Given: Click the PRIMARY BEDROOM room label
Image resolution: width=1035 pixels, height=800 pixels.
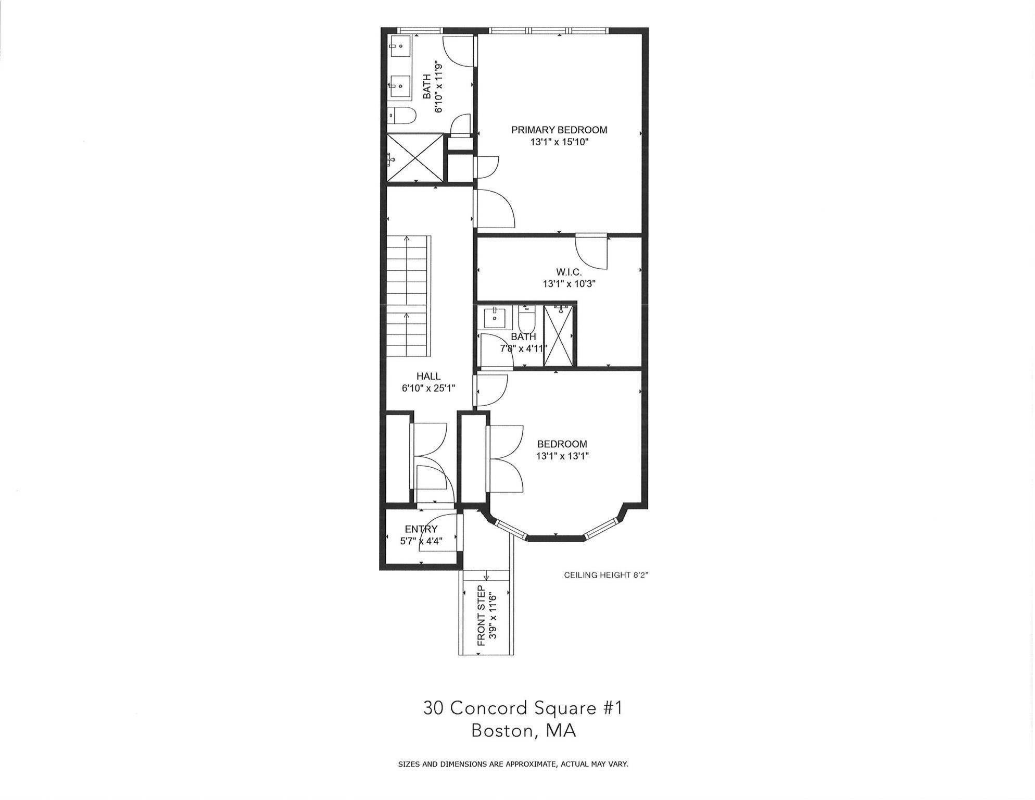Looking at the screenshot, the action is pyautogui.click(x=559, y=130).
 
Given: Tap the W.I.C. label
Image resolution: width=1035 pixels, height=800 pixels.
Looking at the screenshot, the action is pyautogui.click(x=569, y=272).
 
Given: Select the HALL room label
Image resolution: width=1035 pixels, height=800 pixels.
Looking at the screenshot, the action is pyautogui.click(x=428, y=376).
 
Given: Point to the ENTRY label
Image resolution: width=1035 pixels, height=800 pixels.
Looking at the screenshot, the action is pyautogui.click(x=421, y=529).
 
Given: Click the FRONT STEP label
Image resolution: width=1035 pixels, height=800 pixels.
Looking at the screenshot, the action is pyautogui.click(x=481, y=616).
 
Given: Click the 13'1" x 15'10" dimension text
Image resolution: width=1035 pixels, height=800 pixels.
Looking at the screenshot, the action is pyautogui.click(x=559, y=142).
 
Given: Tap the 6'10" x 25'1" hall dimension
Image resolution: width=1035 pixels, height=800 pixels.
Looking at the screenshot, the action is pyautogui.click(x=428, y=388).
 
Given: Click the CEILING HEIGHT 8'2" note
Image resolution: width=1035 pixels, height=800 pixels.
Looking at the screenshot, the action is pyautogui.click(x=607, y=576).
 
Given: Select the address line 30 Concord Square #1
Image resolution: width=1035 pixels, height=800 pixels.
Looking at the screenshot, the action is pyautogui.click(x=523, y=708).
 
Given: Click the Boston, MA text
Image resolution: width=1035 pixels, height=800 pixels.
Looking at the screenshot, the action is pyautogui.click(x=524, y=731).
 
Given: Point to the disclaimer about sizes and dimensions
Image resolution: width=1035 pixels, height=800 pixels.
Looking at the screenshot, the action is pyautogui.click(x=513, y=765).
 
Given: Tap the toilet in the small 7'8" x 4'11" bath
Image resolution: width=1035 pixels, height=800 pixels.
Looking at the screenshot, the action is pyautogui.click(x=527, y=319).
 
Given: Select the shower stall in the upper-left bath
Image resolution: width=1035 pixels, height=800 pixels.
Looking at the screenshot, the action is pyautogui.click(x=415, y=158).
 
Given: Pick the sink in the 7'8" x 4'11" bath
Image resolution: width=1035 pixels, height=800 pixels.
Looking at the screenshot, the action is pyautogui.click(x=494, y=317).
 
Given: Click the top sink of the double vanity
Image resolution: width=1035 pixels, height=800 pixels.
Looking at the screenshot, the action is pyautogui.click(x=400, y=46).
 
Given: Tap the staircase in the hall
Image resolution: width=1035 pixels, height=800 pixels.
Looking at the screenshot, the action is pyautogui.click(x=408, y=296).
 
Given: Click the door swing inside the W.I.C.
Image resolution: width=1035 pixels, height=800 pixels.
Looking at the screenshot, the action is pyautogui.click(x=592, y=252).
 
